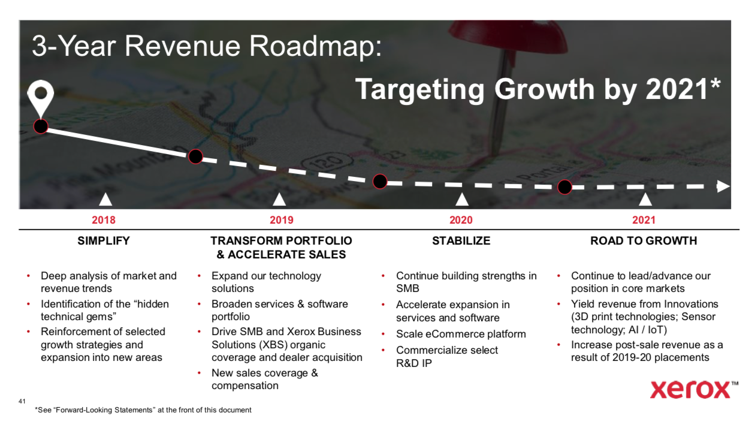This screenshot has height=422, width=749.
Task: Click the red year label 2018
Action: pyautogui.click(x=104, y=220)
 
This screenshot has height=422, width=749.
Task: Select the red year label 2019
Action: pyautogui.click(x=282, y=220)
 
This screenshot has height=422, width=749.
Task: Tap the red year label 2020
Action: pyautogui.click(x=461, y=220)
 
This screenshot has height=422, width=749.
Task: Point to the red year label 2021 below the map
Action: pyautogui.click(x=644, y=220)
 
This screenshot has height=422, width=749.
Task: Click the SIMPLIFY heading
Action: pyautogui.click(x=104, y=241)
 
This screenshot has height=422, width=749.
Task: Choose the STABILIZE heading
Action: pyautogui.click(x=461, y=241)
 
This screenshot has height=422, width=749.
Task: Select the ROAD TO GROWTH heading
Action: pyautogui.click(x=644, y=241)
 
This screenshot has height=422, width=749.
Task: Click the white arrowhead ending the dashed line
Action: pyautogui.click(x=723, y=186)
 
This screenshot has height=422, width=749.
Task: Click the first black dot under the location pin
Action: pyautogui.click(x=41, y=126)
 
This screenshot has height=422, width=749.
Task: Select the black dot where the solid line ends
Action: pyautogui.click(x=195, y=156)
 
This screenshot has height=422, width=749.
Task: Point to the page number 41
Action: pyautogui.click(x=22, y=401)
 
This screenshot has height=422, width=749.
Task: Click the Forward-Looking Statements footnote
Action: pyautogui.click(x=143, y=410)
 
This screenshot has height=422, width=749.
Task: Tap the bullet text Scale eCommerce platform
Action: pyautogui.click(x=461, y=334)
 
